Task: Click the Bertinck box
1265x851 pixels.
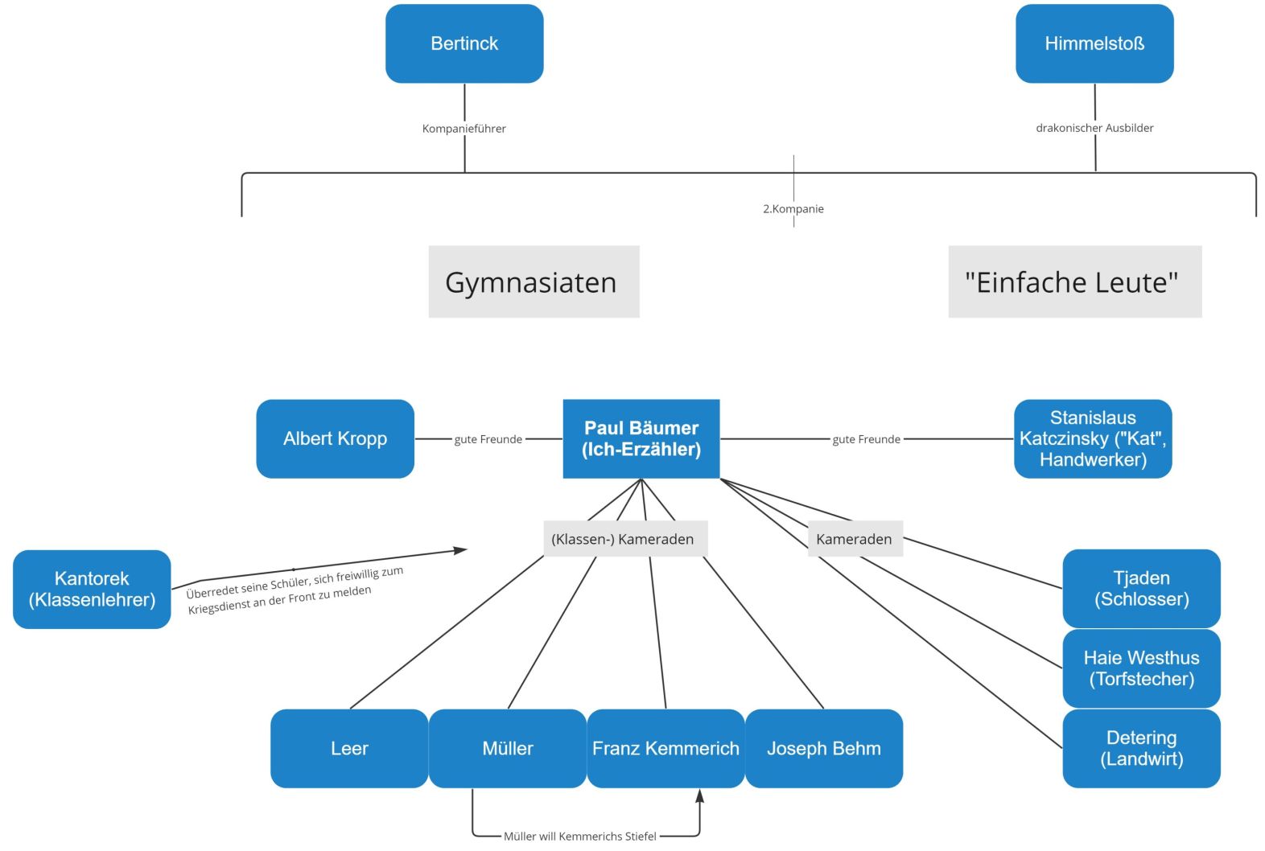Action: click(464, 43)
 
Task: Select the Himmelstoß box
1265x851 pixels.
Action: click(1094, 43)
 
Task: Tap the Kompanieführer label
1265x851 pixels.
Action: click(464, 129)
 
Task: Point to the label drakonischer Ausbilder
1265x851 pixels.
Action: click(1094, 128)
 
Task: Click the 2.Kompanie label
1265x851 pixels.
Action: click(793, 209)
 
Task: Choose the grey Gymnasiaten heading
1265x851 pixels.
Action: click(534, 282)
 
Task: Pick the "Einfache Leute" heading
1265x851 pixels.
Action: click(1074, 282)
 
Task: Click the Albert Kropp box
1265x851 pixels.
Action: click(335, 439)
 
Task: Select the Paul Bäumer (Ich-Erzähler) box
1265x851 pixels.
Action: click(641, 439)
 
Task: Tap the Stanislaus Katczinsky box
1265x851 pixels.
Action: click(1093, 439)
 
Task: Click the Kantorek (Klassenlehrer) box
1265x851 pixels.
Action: click(92, 590)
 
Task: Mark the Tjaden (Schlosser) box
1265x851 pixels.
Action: click(1141, 589)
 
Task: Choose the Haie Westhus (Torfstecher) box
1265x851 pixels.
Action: click(1141, 668)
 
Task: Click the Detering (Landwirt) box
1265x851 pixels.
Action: click(1141, 749)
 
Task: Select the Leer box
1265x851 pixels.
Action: click(349, 749)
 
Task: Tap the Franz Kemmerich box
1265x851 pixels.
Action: click(665, 749)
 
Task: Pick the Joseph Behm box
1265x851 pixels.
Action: click(824, 749)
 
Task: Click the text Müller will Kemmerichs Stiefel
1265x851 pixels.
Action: click(579, 837)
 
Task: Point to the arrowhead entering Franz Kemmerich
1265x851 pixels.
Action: click(699, 795)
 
